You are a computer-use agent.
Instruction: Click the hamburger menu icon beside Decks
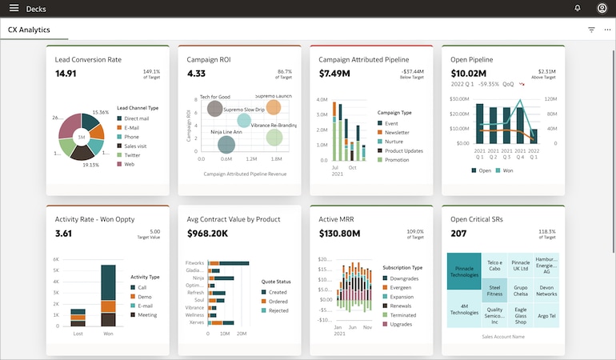click(x=14, y=9)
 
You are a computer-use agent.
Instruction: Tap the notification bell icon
click(x=578, y=9)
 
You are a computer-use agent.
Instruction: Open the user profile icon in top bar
click(x=602, y=9)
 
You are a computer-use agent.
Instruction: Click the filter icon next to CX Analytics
click(x=591, y=30)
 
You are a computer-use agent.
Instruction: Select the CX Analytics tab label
click(x=30, y=30)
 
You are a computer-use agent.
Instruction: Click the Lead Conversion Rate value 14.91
click(x=66, y=74)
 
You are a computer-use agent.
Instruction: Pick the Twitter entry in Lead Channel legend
click(x=133, y=155)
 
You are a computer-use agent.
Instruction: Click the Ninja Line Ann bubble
click(x=226, y=144)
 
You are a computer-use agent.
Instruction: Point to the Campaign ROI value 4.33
click(x=196, y=74)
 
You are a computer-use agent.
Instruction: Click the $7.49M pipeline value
click(x=334, y=74)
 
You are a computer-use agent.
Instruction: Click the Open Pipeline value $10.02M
click(x=469, y=74)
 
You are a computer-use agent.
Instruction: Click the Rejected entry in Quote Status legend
click(x=278, y=310)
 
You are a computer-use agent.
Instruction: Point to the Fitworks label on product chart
click(x=194, y=263)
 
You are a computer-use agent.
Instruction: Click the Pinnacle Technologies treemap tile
click(x=464, y=271)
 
